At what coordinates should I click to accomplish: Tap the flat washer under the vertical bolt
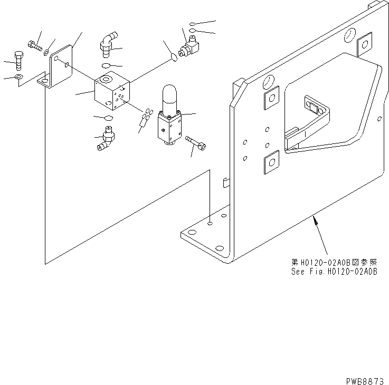[18, 78]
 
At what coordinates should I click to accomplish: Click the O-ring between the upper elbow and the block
[106, 65]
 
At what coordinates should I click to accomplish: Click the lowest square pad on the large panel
[270, 161]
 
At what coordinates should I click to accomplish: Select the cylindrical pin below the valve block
[141, 124]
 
